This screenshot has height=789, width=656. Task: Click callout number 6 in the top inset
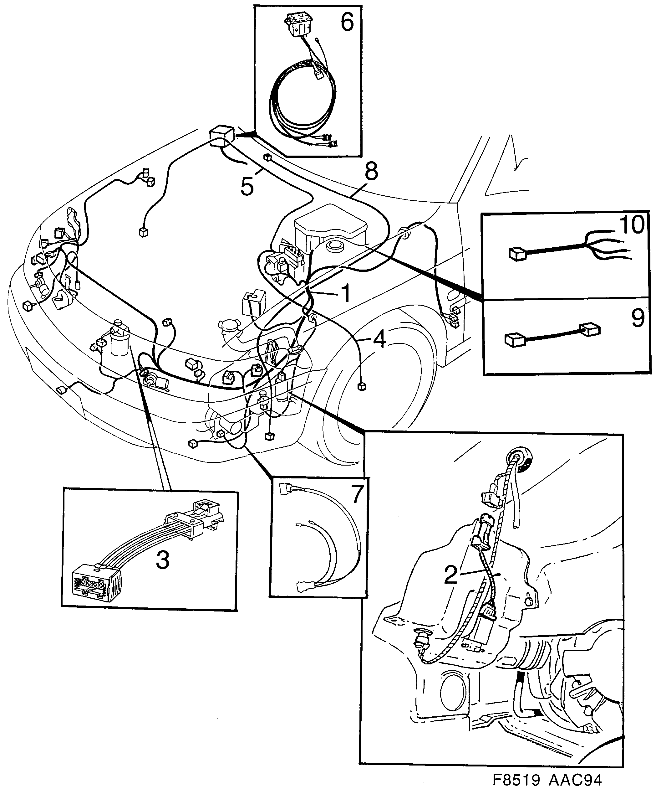point(347,23)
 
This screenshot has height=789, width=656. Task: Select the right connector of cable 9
point(590,329)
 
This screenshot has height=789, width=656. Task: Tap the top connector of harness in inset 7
point(286,489)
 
